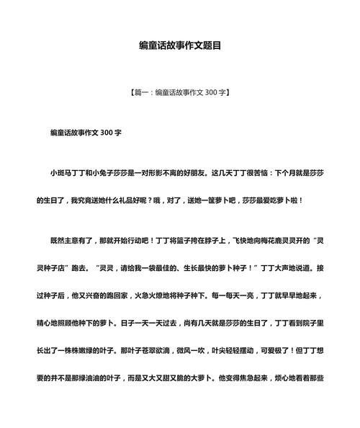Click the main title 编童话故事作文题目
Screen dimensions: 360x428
180,45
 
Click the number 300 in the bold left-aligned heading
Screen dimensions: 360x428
103,134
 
